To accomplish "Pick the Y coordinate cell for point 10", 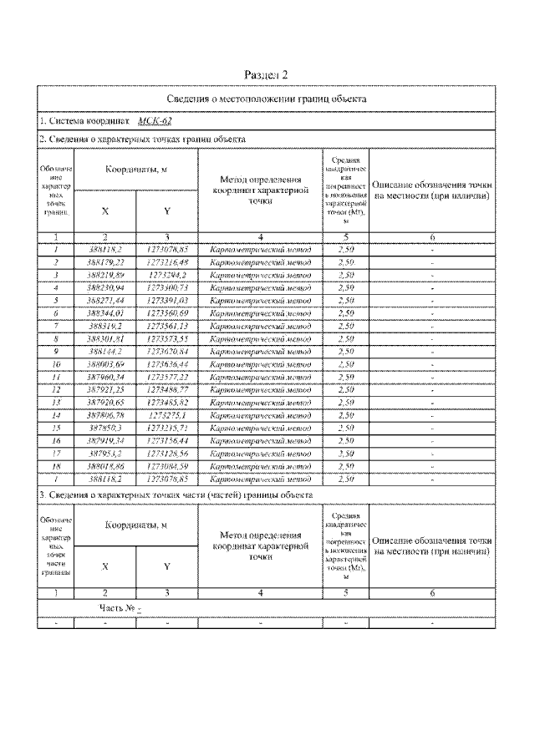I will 167,364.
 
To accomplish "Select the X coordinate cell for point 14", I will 104,414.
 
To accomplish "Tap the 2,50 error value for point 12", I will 345,389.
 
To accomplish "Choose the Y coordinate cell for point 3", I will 167,274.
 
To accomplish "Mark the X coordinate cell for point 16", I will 104,439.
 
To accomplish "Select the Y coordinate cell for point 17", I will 167,453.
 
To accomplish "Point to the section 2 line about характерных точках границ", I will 143,139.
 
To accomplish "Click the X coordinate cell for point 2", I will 104,261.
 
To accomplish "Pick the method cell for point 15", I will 261,427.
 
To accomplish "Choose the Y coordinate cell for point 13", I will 167,402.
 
